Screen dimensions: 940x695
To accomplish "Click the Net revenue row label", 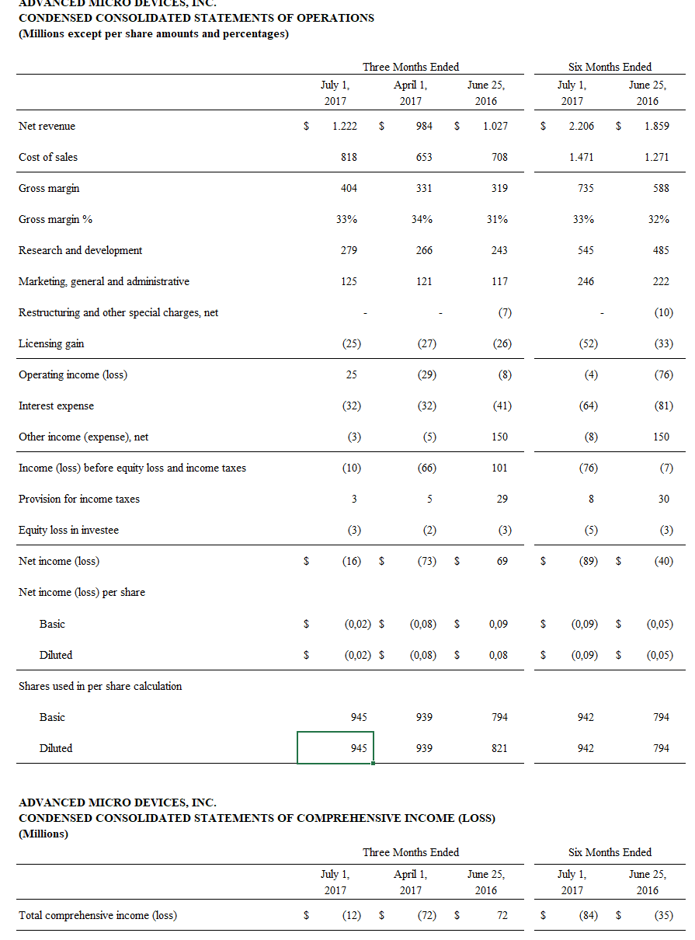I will (x=47, y=126).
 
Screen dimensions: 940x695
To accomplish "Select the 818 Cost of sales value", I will (x=349, y=157).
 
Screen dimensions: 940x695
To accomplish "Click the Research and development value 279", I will (x=349, y=250).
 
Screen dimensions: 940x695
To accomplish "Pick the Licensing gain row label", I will (x=51, y=343).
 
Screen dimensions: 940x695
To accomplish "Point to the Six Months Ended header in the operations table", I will (x=610, y=67).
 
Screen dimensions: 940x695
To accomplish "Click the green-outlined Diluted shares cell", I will (x=335, y=747).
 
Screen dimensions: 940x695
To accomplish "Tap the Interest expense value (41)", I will (x=499, y=406).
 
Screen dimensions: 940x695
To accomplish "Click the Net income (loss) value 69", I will (x=502, y=561).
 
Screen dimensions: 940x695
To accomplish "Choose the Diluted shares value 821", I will (x=499, y=748).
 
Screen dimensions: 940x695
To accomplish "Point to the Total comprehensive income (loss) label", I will (x=98, y=915).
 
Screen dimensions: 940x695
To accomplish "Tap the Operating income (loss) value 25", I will (x=351, y=374).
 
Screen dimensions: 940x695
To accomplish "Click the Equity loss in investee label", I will (x=68, y=530).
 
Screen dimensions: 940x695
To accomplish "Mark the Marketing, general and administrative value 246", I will (x=586, y=281).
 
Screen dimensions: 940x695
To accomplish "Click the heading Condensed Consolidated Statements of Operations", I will (x=196, y=17).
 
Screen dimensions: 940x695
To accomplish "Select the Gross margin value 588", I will (x=661, y=188).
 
